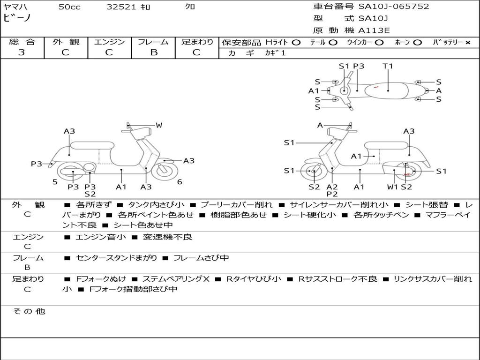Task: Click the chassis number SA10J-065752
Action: click(394, 7)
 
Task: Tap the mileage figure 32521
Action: click(121, 7)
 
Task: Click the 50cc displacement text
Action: click(69, 7)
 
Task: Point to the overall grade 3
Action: click(22, 52)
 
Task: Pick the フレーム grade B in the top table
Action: click(154, 52)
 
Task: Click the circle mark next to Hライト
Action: click(296, 43)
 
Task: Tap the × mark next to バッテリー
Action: click(467, 43)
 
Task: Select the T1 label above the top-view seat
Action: click(388, 66)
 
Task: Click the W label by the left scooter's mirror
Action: click(159, 125)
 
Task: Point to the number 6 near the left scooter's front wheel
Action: click(180, 182)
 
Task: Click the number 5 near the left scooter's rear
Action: click(55, 182)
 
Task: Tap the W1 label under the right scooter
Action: click(392, 187)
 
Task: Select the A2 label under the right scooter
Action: click(332, 187)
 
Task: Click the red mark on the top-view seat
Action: click(376, 87)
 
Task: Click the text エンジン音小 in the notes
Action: click(100, 237)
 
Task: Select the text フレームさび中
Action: click(201, 258)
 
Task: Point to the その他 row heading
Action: click(29, 311)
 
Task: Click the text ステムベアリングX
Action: click(176, 279)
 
